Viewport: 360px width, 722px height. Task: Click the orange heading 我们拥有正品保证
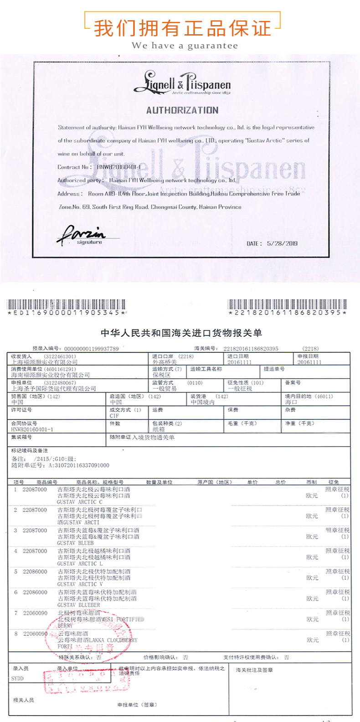182,28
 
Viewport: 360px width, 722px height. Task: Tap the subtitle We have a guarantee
185,46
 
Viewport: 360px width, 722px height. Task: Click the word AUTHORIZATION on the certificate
182,110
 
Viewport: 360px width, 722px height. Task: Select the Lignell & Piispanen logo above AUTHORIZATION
182,83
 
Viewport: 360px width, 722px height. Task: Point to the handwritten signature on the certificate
82,234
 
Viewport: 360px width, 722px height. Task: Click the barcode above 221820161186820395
287,304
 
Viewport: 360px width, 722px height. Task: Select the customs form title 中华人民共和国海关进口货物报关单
181,333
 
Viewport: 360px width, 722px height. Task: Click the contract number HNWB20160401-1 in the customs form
32,429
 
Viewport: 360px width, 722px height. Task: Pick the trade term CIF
114,416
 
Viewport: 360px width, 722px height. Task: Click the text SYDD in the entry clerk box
17,679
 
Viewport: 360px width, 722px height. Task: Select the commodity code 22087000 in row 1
35,490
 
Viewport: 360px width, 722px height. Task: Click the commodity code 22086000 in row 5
35,572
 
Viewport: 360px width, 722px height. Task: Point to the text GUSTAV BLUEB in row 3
75,543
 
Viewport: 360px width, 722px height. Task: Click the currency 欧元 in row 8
312,640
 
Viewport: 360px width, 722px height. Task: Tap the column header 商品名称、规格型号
99,482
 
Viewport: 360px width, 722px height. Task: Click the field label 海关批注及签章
254,670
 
